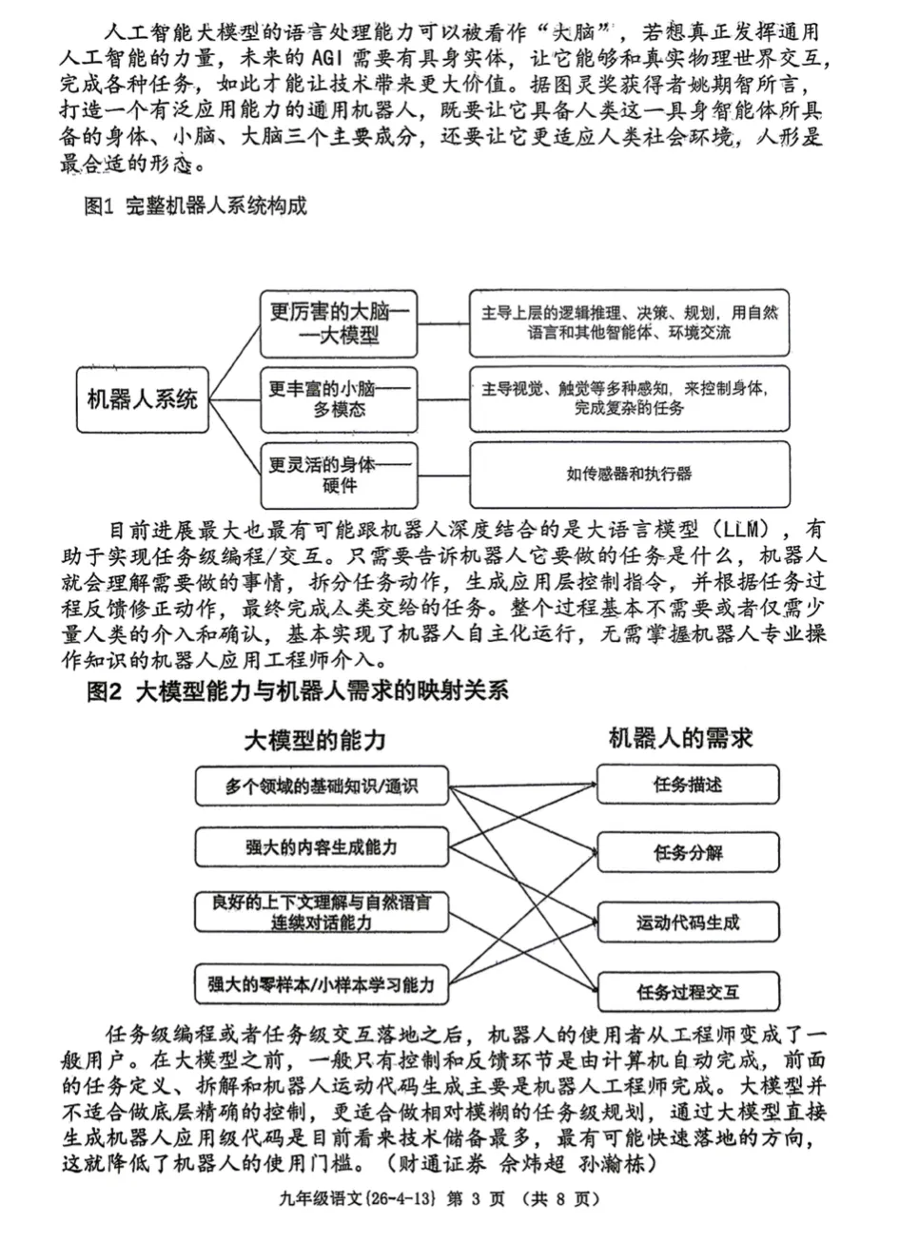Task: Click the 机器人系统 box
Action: (143, 399)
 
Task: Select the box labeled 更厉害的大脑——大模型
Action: (339, 324)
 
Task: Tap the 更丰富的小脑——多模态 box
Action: (339, 399)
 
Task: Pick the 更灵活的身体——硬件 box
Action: (339, 475)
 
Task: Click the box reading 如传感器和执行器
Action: (629, 474)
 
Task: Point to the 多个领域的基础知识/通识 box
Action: (321, 786)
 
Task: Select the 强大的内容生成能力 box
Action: (321, 847)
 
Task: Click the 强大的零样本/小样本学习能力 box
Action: (321, 985)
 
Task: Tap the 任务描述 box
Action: (687, 785)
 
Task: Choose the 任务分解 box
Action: (687, 852)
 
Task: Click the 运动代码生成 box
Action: (687, 922)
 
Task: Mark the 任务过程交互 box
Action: (687, 992)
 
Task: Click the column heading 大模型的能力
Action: (315, 740)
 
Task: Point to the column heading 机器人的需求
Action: (680, 738)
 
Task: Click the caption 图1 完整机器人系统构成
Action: (196, 206)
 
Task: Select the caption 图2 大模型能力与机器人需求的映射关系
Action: (297, 691)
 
